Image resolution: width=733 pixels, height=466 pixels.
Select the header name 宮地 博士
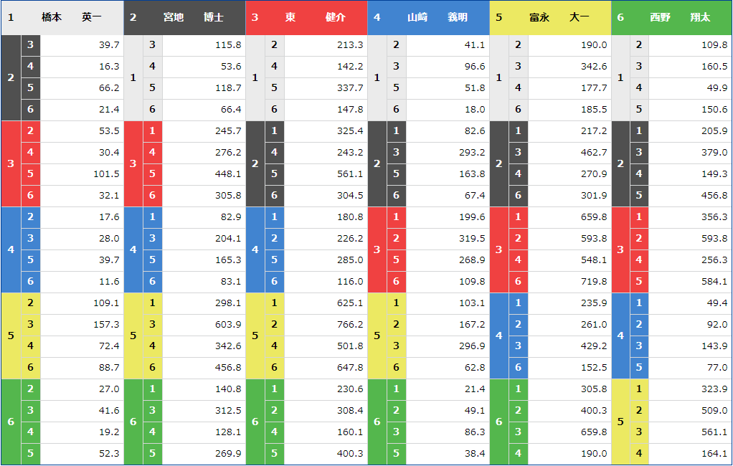(194, 17)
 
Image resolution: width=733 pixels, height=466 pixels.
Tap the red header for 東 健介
(316, 17)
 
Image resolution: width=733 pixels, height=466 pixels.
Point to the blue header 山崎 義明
(438, 17)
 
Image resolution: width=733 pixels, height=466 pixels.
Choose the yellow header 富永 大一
(559, 17)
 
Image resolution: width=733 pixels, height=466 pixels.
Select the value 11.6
(110, 282)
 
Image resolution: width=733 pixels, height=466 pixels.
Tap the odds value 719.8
(593, 282)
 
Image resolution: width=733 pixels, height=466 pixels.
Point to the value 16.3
(109, 67)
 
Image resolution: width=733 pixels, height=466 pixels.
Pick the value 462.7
(593, 153)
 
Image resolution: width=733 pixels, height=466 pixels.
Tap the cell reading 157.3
(107, 325)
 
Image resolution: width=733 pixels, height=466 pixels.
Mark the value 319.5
(472, 239)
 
